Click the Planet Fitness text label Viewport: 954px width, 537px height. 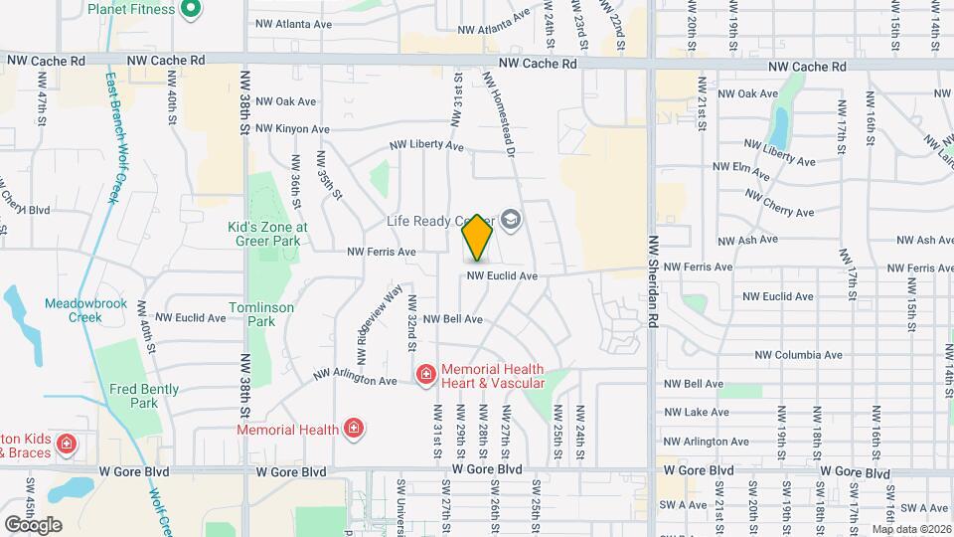pos(131,10)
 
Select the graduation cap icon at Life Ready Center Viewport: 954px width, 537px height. pos(511,220)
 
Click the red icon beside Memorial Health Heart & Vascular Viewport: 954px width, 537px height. pos(425,375)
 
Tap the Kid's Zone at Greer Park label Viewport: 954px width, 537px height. pos(267,234)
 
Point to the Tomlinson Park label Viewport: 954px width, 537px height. pos(261,314)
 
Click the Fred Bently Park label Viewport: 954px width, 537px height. pos(145,396)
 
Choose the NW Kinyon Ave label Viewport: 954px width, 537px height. pos(292,129)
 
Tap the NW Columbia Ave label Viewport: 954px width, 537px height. pos(798,355)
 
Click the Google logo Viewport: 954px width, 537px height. pos(33,524)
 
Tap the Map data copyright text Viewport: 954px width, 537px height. pos(912,529)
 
